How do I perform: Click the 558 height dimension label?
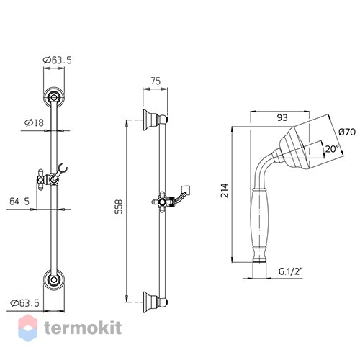(x=119, y=207)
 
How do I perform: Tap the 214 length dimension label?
(x=225, y=190)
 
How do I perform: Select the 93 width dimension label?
(x=282, y=117)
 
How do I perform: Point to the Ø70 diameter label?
(x=347, y=132)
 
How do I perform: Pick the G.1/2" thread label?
(x=290, y=271)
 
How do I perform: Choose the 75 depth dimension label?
(x=156, y=81)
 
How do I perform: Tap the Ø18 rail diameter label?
(x=34, y=123)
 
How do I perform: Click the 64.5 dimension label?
(x=19, y=201)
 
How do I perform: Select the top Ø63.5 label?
(x=57, y=60)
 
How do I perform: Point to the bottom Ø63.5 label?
(x=24, y=303)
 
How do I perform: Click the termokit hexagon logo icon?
(x=28, y=328)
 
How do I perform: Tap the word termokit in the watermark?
(x=83, y=328)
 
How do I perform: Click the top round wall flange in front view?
(x=54, y=97)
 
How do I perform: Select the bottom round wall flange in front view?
(x=54, y=280)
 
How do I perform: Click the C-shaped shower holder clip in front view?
(x=62, y=168)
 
